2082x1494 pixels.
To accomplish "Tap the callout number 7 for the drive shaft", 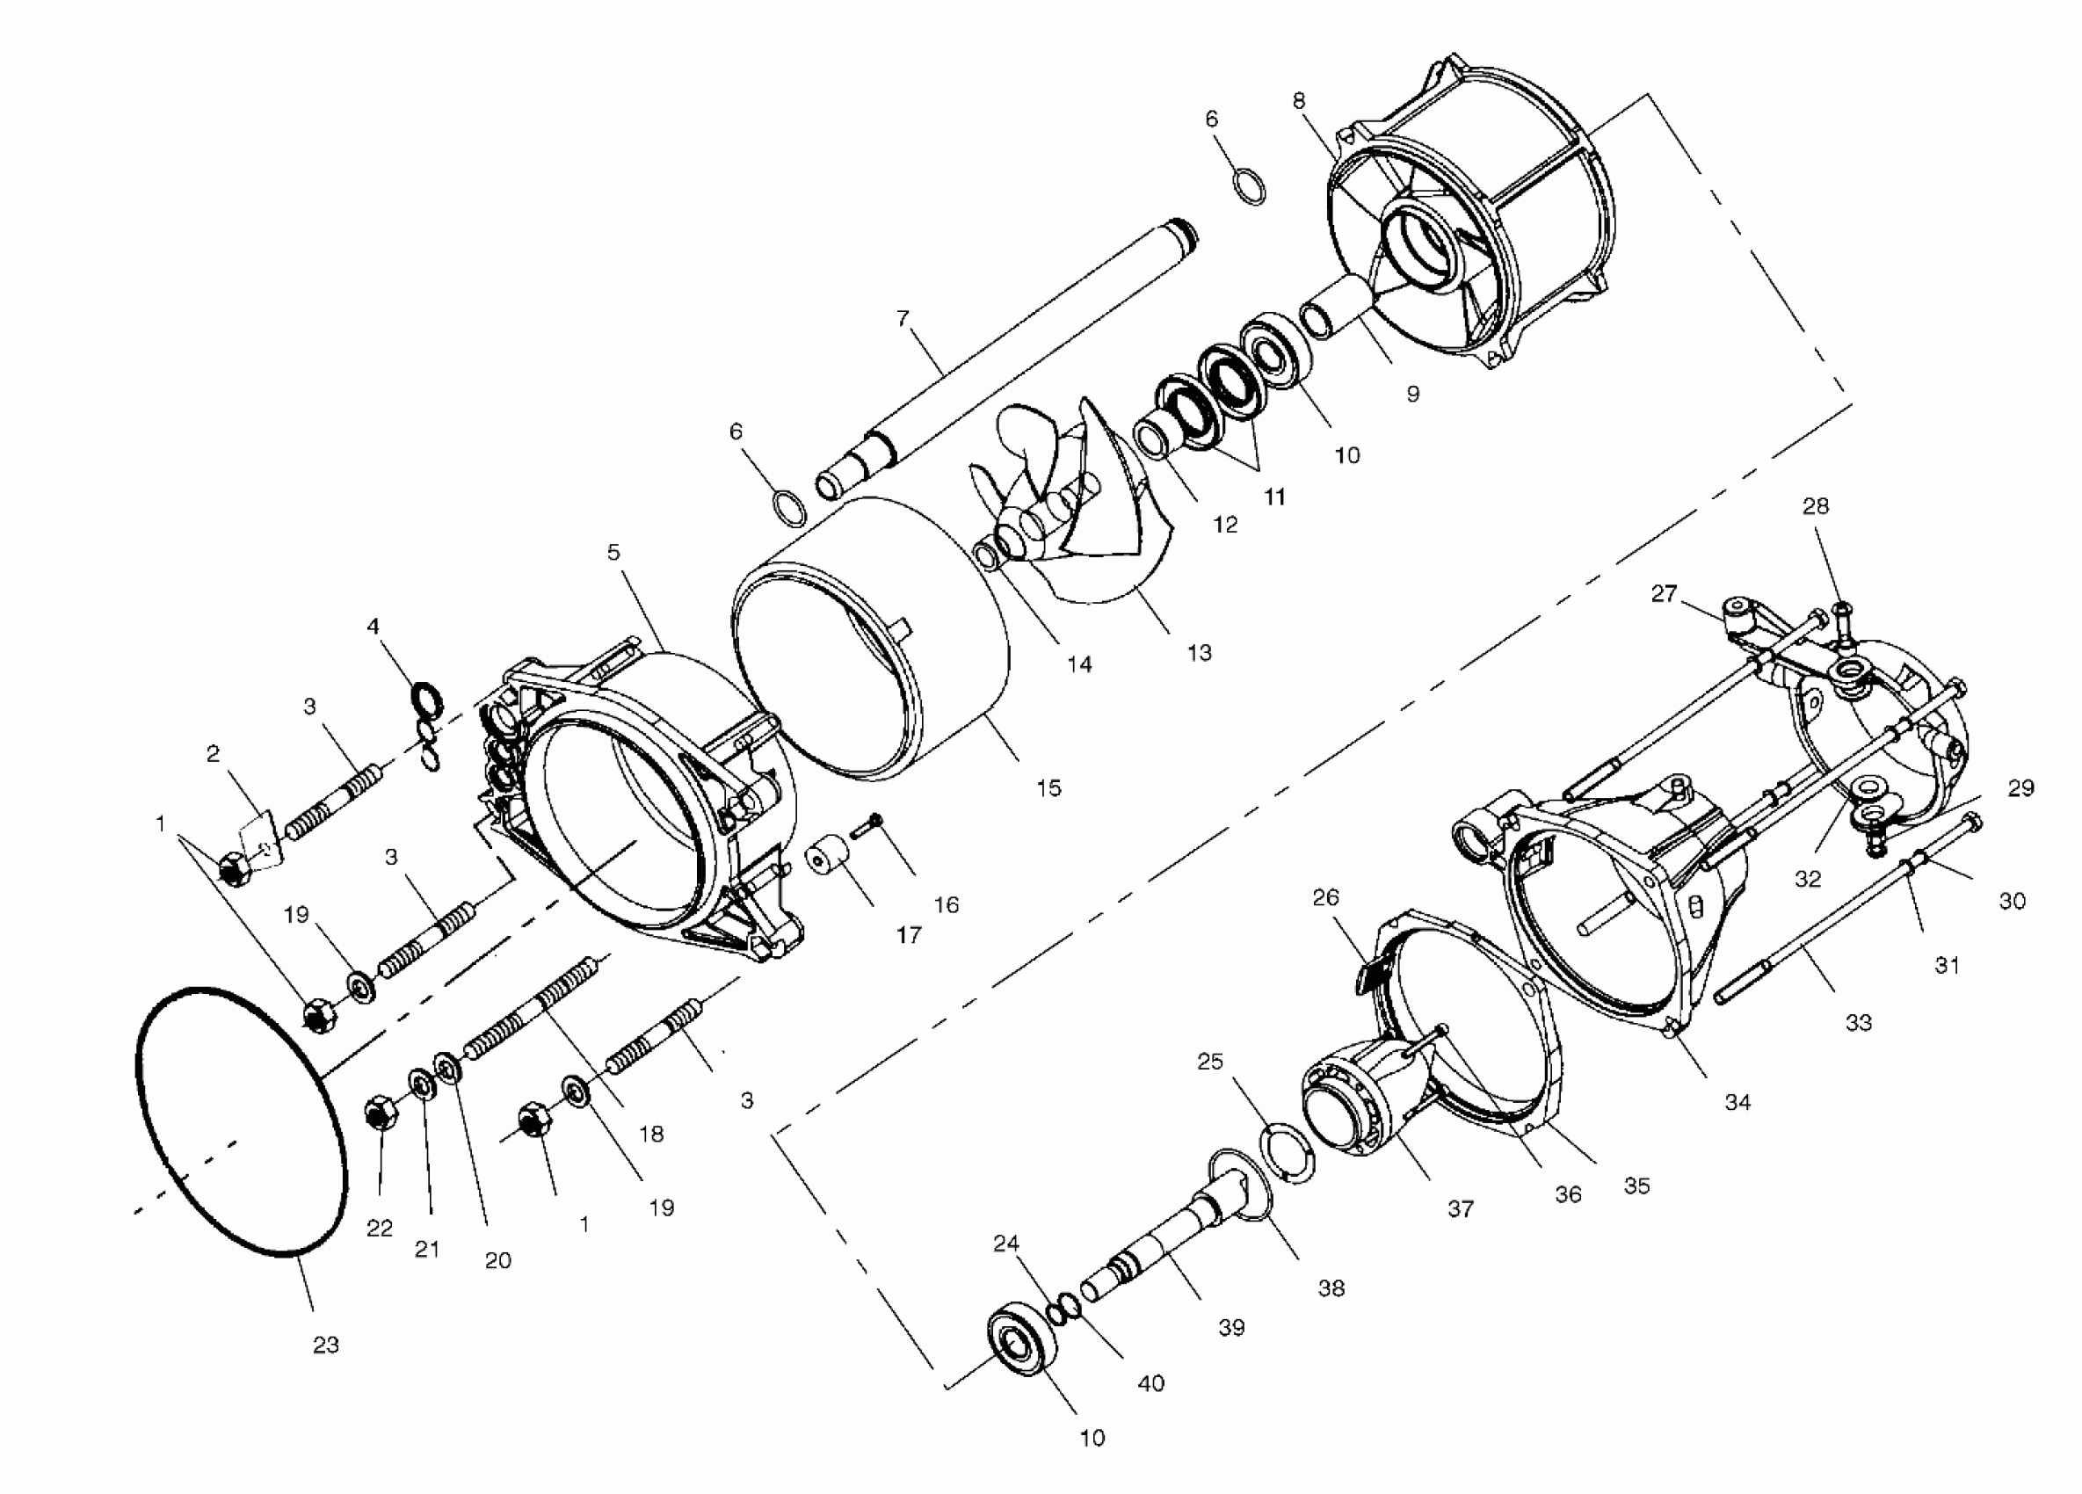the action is [903, 318].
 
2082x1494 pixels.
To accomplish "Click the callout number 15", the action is [1048, 787].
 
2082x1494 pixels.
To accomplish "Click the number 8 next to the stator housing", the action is [1298, 101].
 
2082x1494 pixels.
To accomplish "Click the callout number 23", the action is [326, 1345].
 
